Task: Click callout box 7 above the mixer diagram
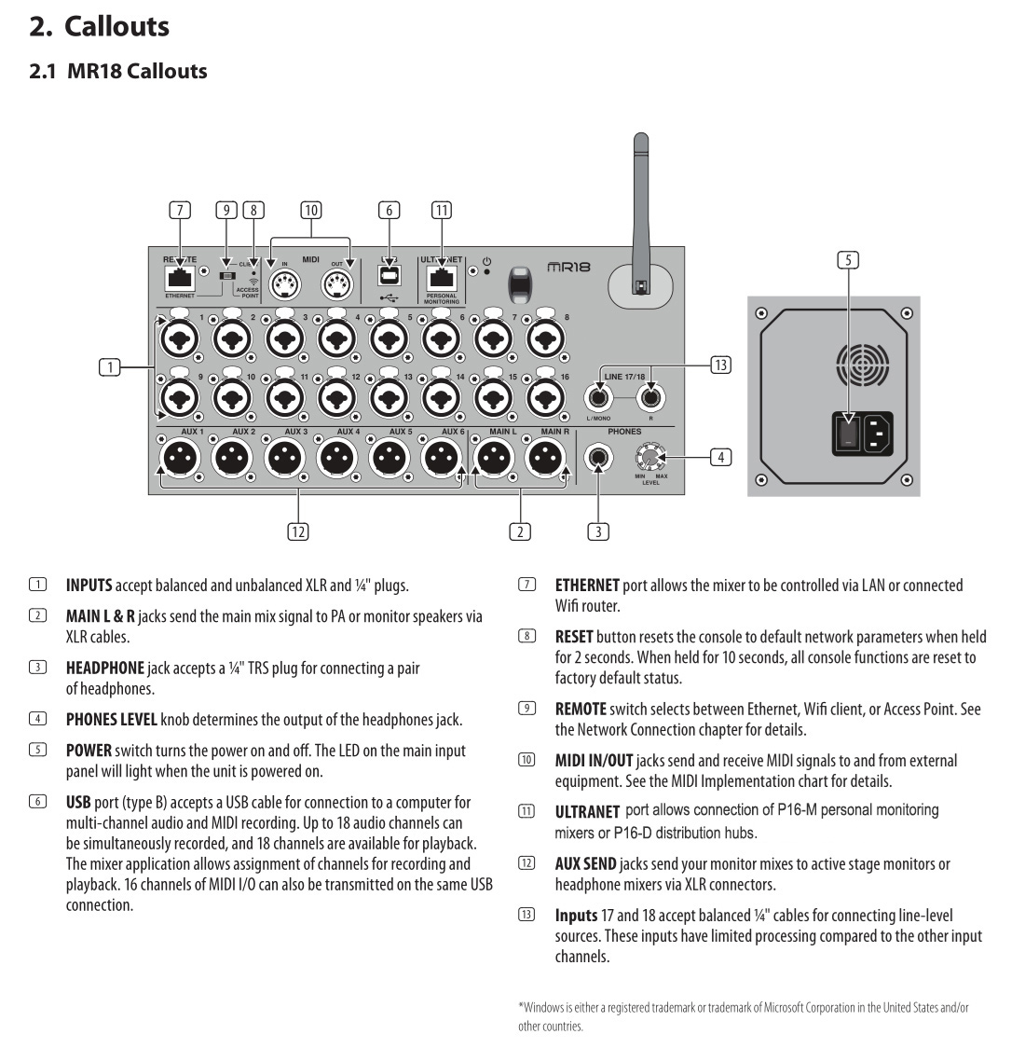pos(179,210)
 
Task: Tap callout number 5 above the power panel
pos(847,260)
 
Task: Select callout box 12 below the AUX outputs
pos(297,531)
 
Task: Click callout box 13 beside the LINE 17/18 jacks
pos(720,365)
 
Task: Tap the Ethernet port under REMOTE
pos(179,277)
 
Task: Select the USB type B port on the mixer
pos(389,275)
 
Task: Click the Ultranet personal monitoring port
pos(441,277)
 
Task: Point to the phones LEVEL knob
pos(650,457)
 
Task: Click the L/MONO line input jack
pos(598,398)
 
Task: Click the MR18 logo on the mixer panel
pos(568,267)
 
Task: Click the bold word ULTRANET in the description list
pos(587,812)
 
